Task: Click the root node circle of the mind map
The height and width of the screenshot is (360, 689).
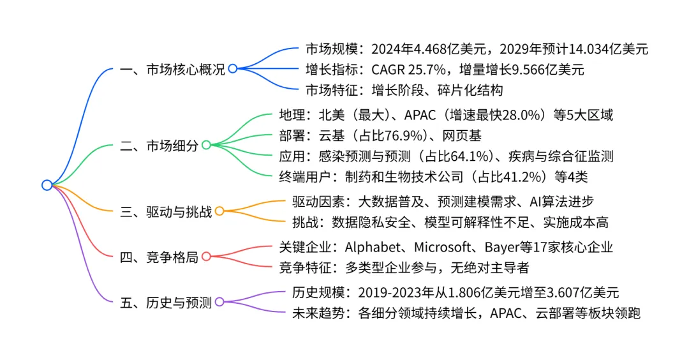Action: [x=47, y=185]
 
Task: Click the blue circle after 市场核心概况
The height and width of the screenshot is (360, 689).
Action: [x=233, y=69]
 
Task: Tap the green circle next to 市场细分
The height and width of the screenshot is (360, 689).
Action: [x=206, y=146]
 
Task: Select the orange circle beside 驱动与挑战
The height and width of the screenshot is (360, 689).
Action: [x=219, y=211]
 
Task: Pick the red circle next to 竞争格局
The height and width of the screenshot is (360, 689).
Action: [x=206, y=257]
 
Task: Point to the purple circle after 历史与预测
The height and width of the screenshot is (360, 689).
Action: [x=219, y=302]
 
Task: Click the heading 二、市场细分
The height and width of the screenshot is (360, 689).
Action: [x=159, y=146]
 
